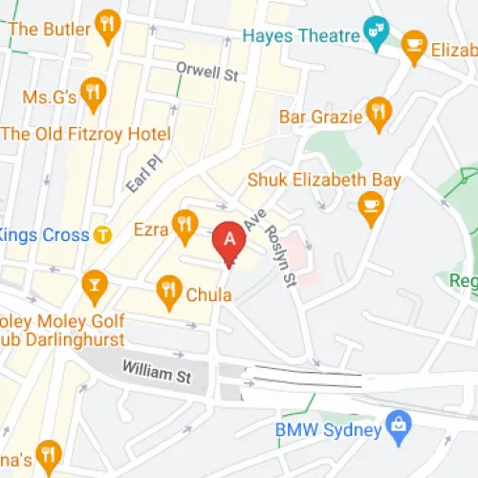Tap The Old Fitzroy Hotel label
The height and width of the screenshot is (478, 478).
[x=86, y=134]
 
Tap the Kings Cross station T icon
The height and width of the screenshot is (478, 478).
[x=104, y=235]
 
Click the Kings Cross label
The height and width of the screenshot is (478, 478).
[x=44, y=235]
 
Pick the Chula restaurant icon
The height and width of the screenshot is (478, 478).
[x=169, y=288]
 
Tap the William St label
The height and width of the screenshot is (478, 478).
[x=156, y=371]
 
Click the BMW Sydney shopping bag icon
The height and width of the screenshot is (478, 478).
[x=397, y=424]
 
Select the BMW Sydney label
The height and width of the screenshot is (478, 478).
[x=328, y=428]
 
